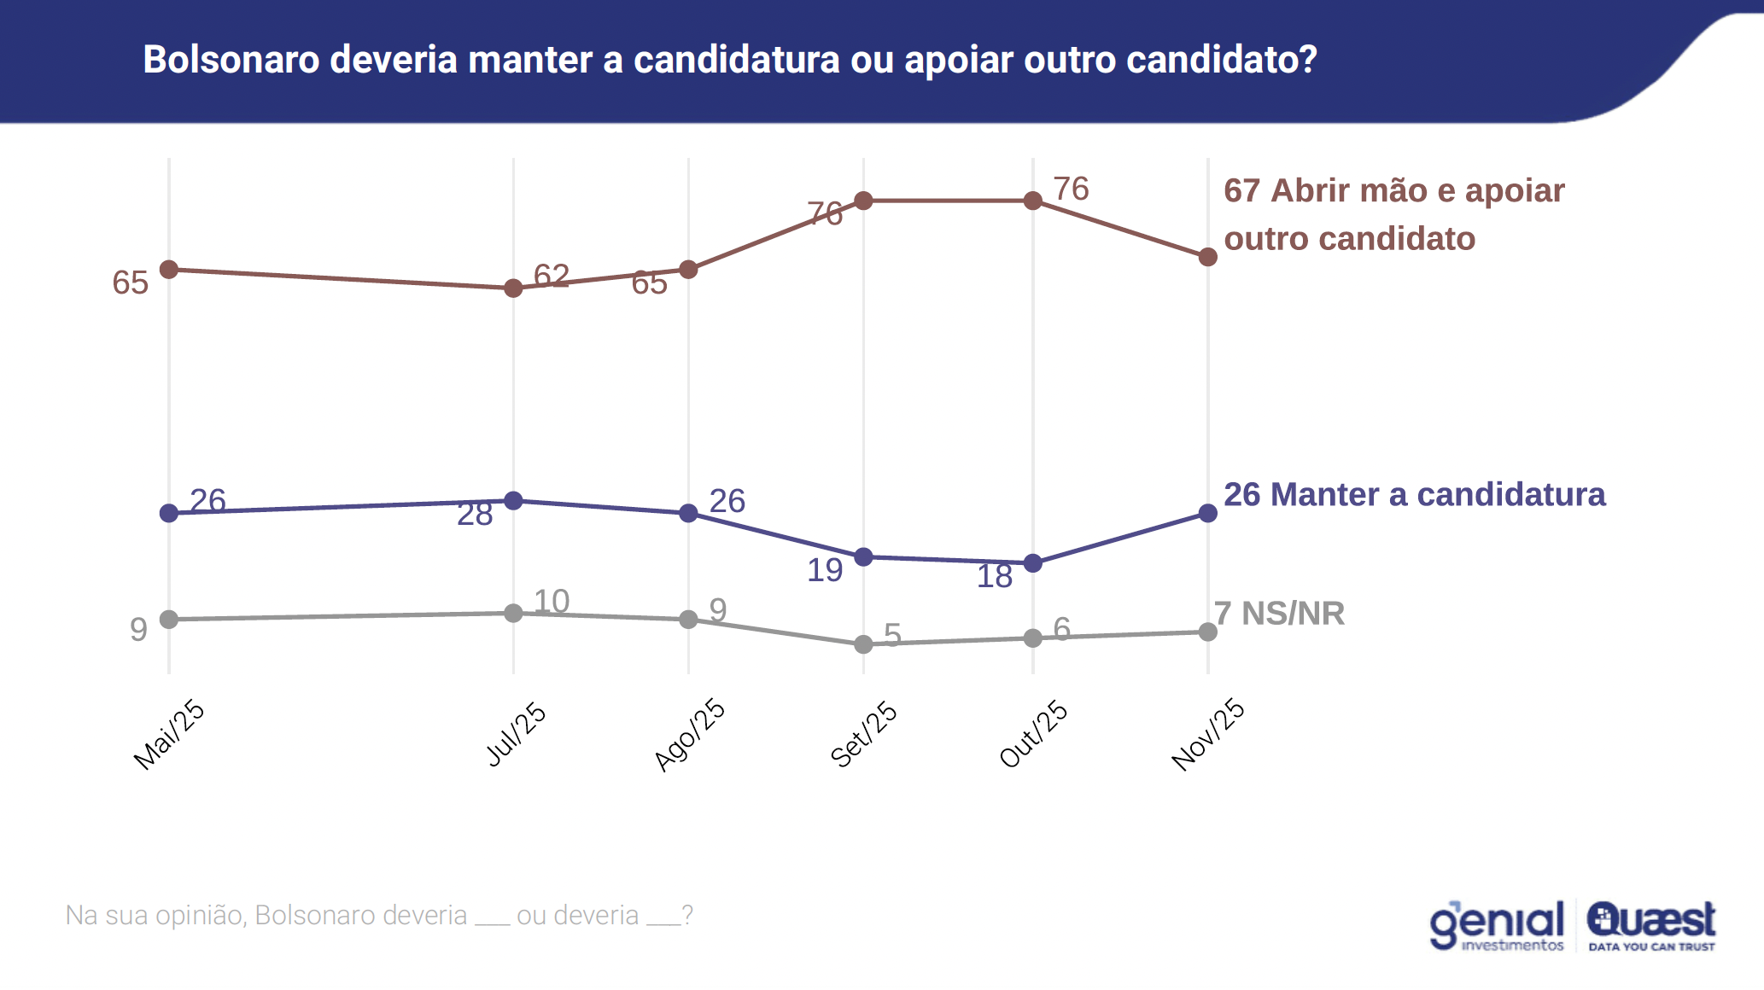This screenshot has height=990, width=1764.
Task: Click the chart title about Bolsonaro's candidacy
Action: tap(730, 60)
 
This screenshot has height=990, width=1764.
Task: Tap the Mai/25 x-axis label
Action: tap(169, 735)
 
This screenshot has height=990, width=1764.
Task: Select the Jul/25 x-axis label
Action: tap(516, 735)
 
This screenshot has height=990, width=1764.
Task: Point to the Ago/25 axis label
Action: tap(690, 735)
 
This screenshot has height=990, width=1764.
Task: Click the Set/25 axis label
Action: tap(864, 735)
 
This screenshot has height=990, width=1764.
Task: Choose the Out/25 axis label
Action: tap(1034, 735)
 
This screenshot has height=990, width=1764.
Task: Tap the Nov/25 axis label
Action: tap(1208, 735)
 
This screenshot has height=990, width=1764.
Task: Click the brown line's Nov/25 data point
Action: tap(1208, 257)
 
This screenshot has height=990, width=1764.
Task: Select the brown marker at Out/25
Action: tap(1033, 201)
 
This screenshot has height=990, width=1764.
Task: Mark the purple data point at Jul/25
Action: tap(513, 501)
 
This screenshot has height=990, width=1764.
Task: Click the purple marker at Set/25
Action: tap(864, 557)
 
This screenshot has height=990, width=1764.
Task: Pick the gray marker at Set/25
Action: tap(864, 644)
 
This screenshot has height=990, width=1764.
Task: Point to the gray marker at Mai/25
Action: tap(169, 620)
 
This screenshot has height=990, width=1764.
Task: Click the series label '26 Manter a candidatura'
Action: tap(1414, 495)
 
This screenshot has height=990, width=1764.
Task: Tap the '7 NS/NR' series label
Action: tap(1279, 614)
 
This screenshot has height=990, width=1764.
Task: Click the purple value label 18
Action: tap(995, 577)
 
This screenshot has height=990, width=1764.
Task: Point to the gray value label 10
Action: tap(552, 602)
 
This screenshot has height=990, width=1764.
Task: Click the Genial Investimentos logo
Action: tap(1498, 925)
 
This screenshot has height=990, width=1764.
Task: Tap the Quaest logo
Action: tap(1651, 925)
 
